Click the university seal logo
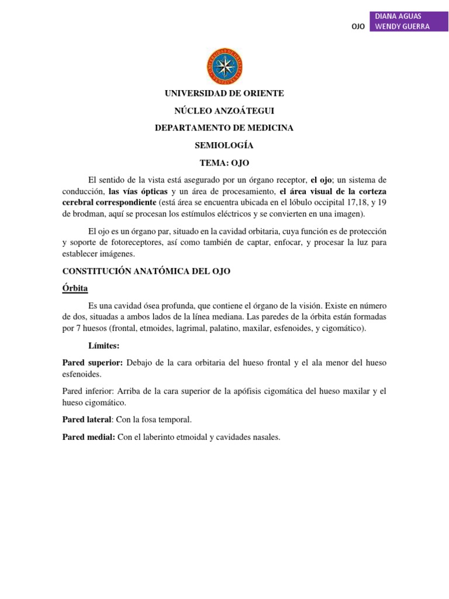pos(224,66)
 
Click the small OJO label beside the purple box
pos(358,27)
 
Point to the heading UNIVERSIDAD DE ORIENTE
pos(224,94)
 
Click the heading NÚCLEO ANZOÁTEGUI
pos(224,111)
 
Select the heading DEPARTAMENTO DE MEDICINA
pos(224,128)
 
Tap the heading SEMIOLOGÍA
pos(224,144)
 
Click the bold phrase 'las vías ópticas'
pos(138,191)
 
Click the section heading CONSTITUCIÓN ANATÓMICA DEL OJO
pos(147,271)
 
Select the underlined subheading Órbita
pos(75,288)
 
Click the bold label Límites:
pos(103,346)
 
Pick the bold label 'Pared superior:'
pos(92,363)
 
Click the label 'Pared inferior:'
pos(91,391)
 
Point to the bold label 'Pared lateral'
pos(88,419)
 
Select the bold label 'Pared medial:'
pos(89,436)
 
